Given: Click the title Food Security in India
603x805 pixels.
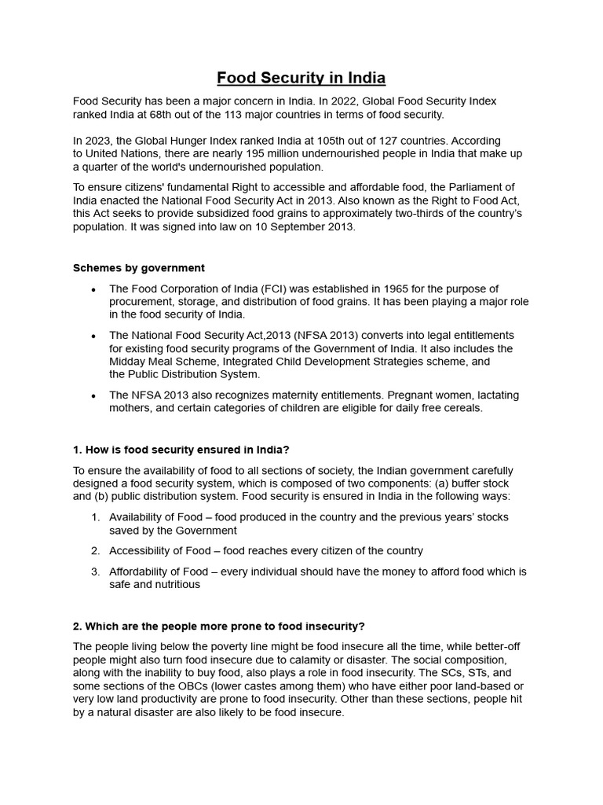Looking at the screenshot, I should (301, 78).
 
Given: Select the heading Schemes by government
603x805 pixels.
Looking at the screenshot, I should (139, 268).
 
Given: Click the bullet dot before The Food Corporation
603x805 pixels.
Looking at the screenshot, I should (93, 290).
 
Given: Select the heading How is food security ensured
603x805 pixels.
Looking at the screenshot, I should (181, 450).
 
